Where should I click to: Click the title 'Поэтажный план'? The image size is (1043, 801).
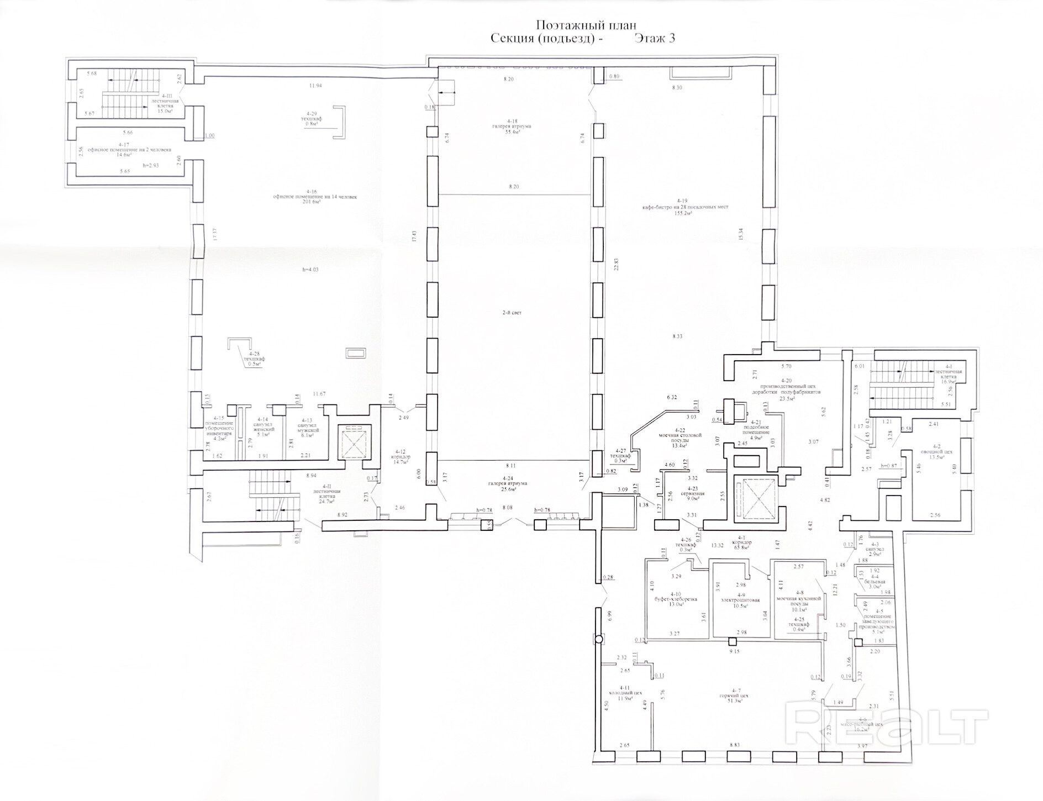[x=586, y=25]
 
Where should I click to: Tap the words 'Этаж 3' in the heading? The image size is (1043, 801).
[x=655, y=39]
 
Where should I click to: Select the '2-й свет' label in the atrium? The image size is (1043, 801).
[x=512, y=313]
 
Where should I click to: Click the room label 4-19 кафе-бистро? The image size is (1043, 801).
[x=684, y=207]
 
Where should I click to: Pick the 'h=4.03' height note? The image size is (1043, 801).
[x=310, y=270]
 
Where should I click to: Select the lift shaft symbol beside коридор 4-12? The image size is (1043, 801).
[x=354, y=441]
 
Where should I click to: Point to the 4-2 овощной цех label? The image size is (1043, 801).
[x=936, y=451]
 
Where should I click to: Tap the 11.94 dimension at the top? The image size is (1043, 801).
[x=315, y=86]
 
